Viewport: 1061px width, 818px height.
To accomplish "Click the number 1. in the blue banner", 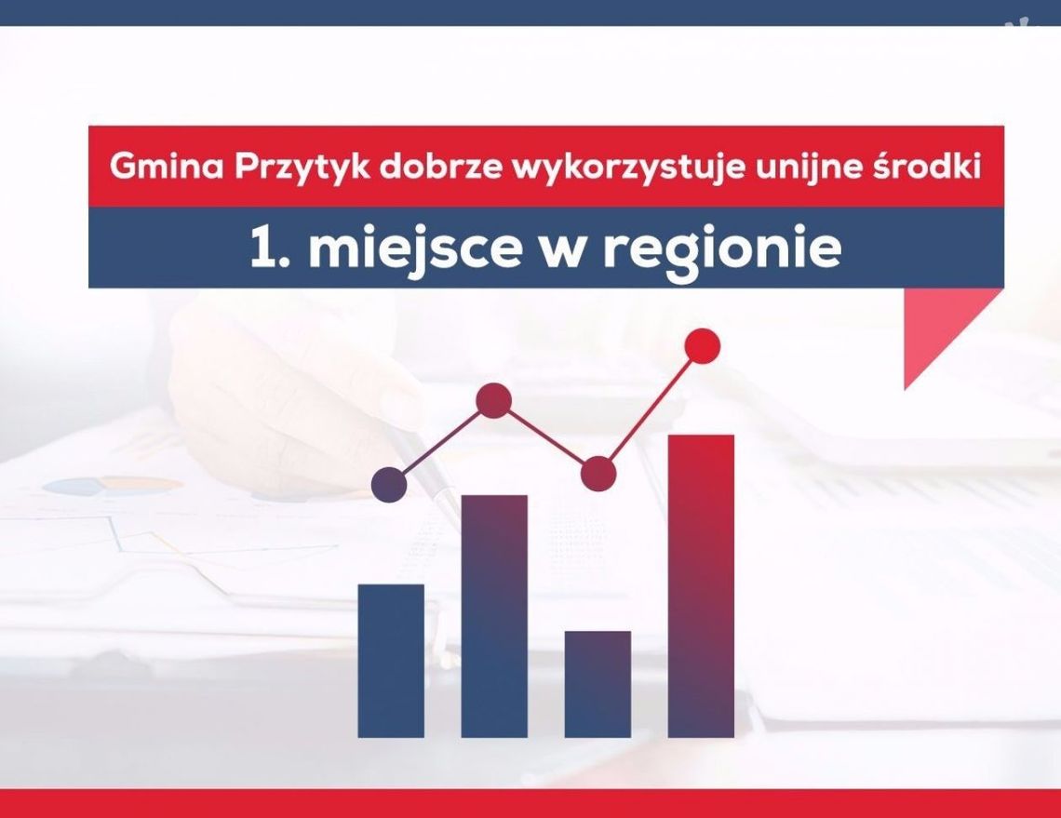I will click(x=269, y=248).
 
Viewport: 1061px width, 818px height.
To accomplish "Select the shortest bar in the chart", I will click(x=598, y=684).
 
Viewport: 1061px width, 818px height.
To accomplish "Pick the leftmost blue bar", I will click(x=391, y=660).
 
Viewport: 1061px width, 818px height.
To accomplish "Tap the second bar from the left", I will click(x=494, y=615).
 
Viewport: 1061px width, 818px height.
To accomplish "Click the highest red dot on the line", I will click(x=702, y=346).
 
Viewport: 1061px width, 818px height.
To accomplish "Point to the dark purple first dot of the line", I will click(x=389, y=484).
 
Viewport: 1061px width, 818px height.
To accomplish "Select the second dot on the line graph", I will click(x=493, y=401).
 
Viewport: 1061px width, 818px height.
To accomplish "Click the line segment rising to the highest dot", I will click(x=651, y=409).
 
